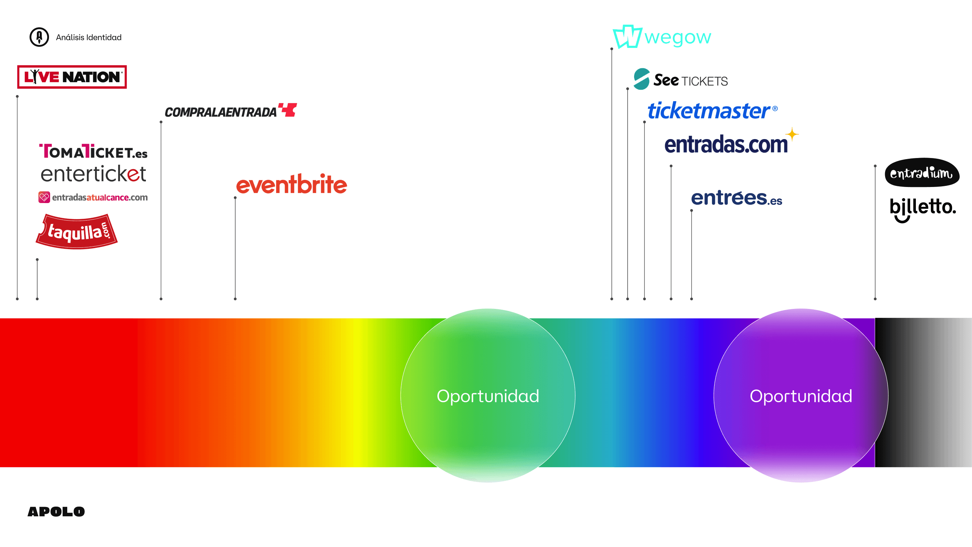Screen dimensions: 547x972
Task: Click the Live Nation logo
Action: click(72, 77)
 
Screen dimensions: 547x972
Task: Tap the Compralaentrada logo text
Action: click(221, 112)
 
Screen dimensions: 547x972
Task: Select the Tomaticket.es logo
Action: click(93, 152)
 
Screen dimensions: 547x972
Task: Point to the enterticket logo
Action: click(93, 174)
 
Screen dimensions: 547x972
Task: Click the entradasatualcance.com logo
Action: click(93, 197)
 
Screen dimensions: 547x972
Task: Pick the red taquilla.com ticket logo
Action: click(77, 232)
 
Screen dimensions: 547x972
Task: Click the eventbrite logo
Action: click(291, 184)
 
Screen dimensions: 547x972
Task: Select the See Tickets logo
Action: click(681, 80)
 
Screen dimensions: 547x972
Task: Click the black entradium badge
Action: click(922, 173)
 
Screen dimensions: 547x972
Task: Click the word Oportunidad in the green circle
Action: click(488, 396)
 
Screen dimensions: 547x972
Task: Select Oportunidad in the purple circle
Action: click(801, 396)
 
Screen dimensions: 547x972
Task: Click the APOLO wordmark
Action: click(56, 512)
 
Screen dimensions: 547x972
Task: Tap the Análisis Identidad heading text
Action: click(89, 37)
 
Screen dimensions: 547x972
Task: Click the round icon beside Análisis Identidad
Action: click(39, 37)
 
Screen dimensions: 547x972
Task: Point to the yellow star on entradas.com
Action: click(792, 134)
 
